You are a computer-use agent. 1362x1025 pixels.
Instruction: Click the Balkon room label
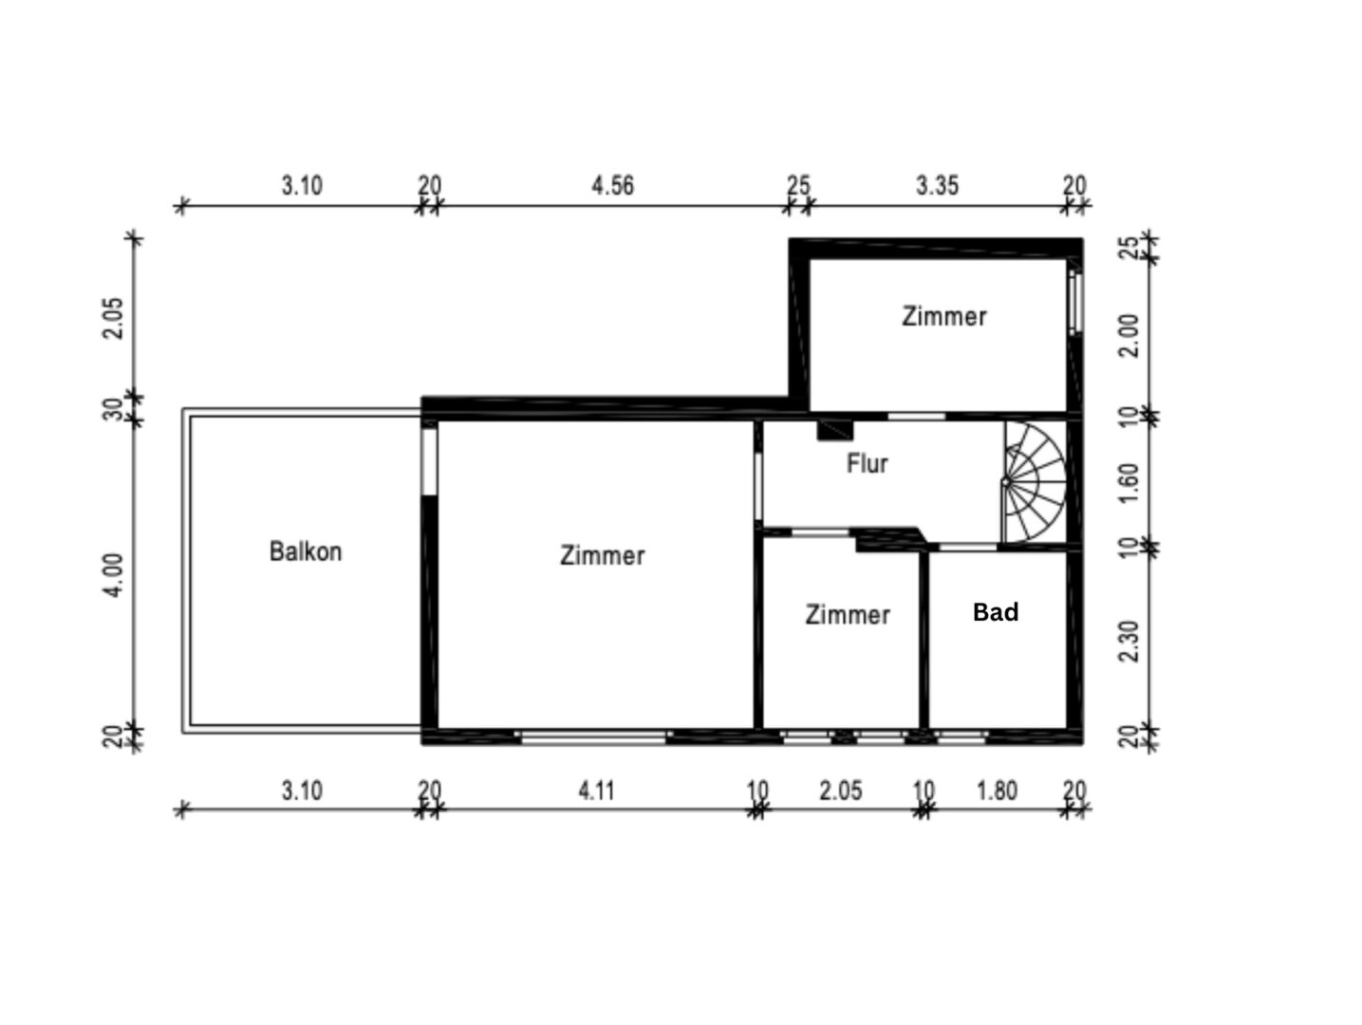306,551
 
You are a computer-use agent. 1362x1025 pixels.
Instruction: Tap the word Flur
867,463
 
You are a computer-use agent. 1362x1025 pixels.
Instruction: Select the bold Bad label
996,612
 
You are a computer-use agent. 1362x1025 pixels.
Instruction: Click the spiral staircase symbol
1034,482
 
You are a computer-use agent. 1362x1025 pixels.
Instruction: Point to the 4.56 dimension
612,185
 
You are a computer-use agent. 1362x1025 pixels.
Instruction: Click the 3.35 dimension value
937,185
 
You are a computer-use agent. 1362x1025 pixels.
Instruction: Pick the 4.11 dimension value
596,791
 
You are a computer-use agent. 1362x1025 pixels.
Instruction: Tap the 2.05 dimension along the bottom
840,791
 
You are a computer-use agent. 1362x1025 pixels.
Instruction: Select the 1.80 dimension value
997,791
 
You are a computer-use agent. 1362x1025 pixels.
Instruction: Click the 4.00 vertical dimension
114,575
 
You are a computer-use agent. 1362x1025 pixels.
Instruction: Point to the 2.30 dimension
1129,641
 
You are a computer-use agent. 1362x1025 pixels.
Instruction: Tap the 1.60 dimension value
1129,484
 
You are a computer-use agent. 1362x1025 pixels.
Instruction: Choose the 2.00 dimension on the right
1129,336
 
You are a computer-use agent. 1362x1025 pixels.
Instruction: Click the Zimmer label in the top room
943,316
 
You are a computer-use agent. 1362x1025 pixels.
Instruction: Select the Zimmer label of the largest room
602,555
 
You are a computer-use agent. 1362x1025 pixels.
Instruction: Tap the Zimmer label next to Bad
848,615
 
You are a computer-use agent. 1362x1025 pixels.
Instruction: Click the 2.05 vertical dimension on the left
114,318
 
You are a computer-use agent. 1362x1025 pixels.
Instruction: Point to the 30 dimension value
114,409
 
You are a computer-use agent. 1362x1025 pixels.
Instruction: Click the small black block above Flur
835,431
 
